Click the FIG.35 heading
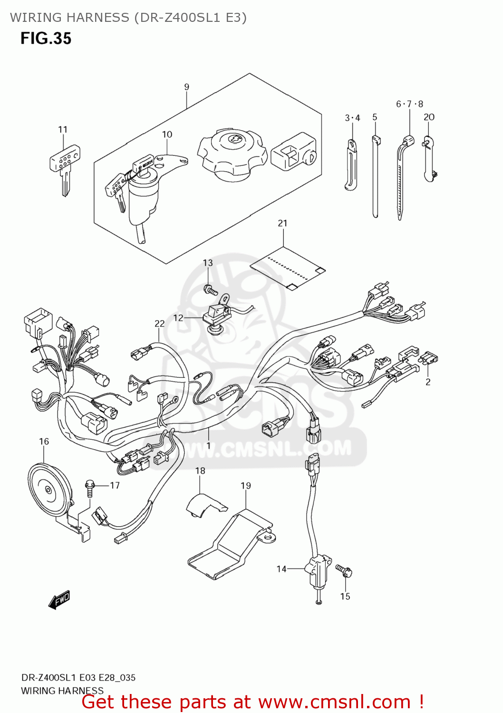46,39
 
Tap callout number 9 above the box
187,87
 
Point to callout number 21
282,223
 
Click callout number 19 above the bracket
245,486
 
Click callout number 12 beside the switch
178,318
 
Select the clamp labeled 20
429,159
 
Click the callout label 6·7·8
409,104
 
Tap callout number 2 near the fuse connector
428,382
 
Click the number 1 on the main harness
208,445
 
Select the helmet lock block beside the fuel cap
293,152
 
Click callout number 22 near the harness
159,324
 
